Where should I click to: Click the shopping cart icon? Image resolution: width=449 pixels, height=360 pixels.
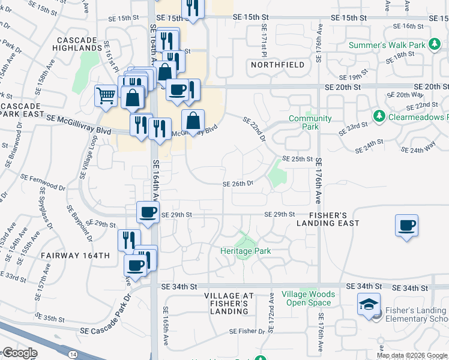point(106,95)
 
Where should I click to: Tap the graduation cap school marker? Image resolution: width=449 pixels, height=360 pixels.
point(369,304)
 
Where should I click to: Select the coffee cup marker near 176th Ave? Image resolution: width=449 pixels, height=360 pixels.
point(406,226)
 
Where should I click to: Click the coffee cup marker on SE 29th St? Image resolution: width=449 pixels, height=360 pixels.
point(148,211)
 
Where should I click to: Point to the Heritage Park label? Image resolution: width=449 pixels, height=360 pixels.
point(246,251)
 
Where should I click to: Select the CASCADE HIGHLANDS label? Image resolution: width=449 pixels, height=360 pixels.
point(78,43)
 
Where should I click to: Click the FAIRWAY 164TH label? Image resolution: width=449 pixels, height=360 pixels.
point(75,256)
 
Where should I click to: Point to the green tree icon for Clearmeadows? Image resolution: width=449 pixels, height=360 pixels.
point(379,115)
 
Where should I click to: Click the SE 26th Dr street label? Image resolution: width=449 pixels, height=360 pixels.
point(238,184)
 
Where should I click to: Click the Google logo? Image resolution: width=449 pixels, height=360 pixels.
point(20,353)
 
